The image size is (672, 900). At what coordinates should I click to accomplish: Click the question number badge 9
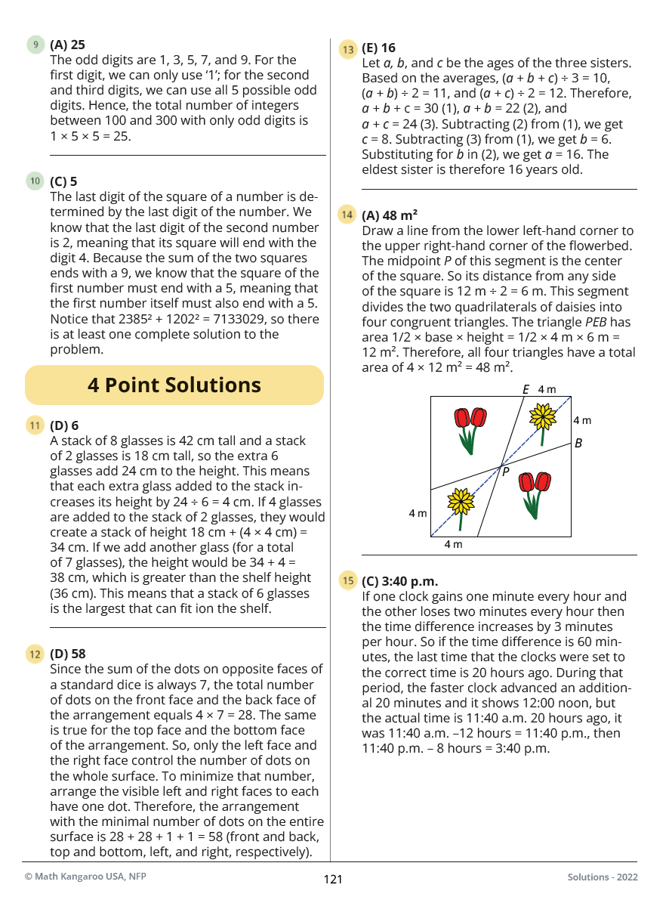pyautogui.click(x=35, y=45)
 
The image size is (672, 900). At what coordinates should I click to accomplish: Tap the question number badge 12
pyautogui.click(x=35, y=654)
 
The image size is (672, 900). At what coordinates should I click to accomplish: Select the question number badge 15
pyautogui.click(x=347, y=581)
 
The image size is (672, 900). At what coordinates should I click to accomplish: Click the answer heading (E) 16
pyautogui.click(x=378, y=48)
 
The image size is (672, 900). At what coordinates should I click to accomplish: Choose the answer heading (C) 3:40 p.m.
pyautogui.click(x=399, y=581)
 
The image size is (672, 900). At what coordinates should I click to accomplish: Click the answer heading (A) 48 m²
pyautogui.click(x=390, y=215)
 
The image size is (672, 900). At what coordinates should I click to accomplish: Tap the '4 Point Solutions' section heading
pyautogui.click(x=174, y=385)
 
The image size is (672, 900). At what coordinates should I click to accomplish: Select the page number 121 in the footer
pyautogui.click(x=333, y=879)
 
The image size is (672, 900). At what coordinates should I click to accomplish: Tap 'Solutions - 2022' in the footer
pyautogui.click(x=603, y=877)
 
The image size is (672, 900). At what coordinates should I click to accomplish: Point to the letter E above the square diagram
pyautogui.click(x=526, y=390)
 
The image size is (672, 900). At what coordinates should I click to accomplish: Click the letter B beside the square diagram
pyautogui.click(x=578, y=444)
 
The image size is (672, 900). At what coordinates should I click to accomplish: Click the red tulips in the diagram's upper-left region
pyautogui.click(x=469, y=428)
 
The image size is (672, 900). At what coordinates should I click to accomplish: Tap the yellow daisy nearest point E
pyautogui.click(x=542, y=418)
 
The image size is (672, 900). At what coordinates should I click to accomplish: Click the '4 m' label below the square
pyautogui.click(x=453, y=544)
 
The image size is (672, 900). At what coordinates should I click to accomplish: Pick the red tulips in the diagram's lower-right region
pyautogui.click(x=535, y=492)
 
